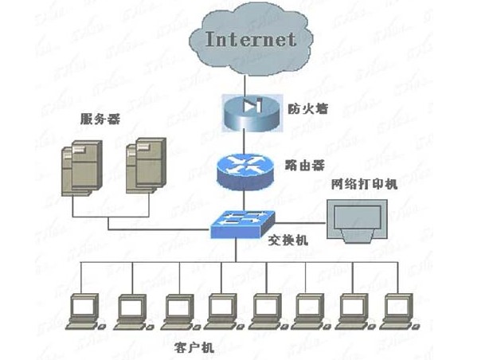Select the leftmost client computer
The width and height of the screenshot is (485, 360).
(84, 311)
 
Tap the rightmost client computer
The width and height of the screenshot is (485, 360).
(395, 311)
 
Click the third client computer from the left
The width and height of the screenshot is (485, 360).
(174, 311)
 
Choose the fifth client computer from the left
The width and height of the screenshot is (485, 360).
(264, 311)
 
